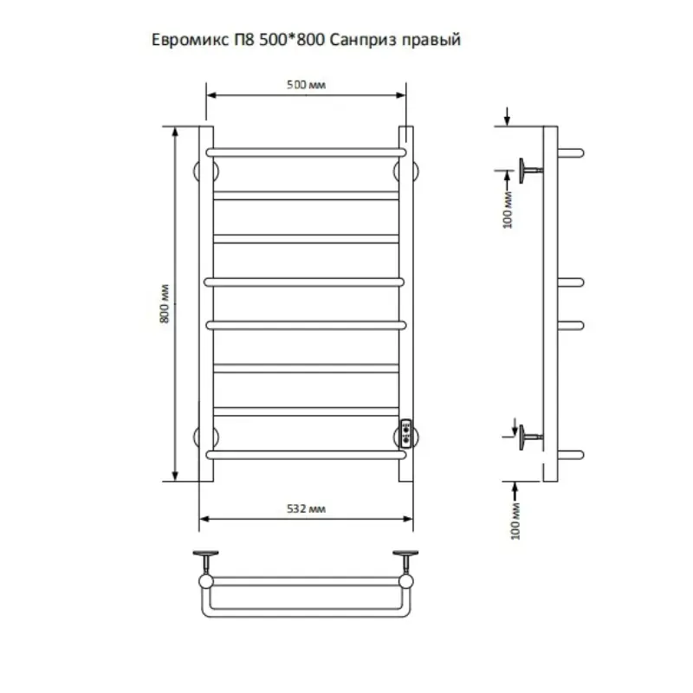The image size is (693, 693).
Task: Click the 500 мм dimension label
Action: pos(305,83)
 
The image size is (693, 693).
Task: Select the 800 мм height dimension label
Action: pos(164,303)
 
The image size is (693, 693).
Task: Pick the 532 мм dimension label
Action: pos(306,509)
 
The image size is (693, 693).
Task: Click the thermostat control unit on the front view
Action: pos(407,432)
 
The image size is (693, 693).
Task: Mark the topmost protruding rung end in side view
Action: pos(573,152)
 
